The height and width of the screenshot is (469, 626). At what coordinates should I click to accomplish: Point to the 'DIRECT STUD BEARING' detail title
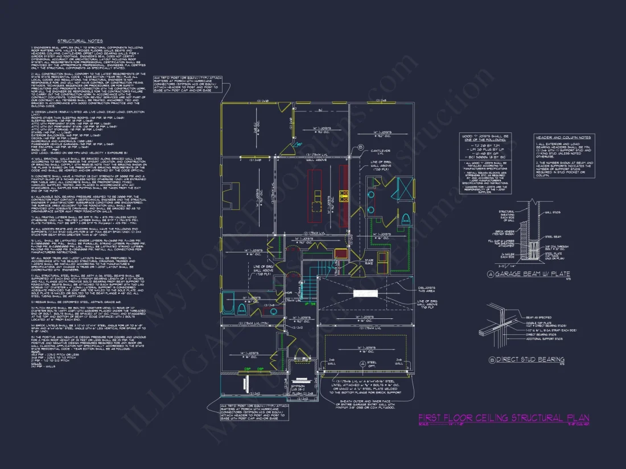click(530, 359)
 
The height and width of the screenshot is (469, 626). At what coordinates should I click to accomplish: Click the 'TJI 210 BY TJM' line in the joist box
click(485, 146)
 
